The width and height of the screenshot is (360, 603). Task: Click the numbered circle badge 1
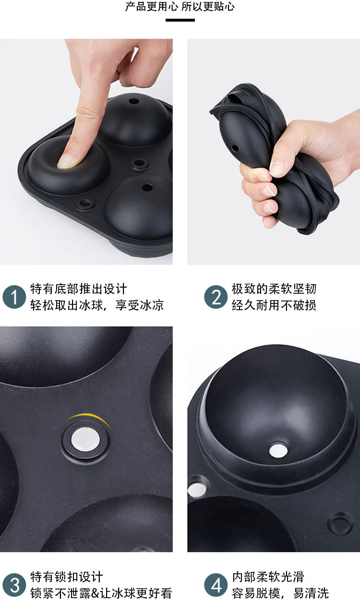coord(14,298)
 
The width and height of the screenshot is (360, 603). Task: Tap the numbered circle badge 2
coord(216,298)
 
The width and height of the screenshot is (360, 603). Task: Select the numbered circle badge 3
coord(14,585)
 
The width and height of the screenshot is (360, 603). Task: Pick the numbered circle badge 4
coord(216,585)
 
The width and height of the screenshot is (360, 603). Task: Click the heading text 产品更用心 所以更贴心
coord(180,7)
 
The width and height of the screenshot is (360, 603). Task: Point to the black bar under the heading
coord(180,20)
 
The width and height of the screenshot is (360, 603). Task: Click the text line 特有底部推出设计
coord(79,289)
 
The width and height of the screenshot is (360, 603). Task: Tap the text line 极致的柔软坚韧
coord(274,289)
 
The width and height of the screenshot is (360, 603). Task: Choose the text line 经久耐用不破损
coord(274,305)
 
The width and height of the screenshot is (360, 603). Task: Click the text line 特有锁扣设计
coord(67,577)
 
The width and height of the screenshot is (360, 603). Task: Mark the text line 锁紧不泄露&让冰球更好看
coord(101,593)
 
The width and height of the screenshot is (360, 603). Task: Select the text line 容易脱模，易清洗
coord(280,593)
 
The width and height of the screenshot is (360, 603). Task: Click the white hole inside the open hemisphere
coord(278,450)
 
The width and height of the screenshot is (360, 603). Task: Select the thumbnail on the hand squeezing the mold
coord(277,168)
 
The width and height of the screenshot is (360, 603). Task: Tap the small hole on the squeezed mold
coord(235,147)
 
